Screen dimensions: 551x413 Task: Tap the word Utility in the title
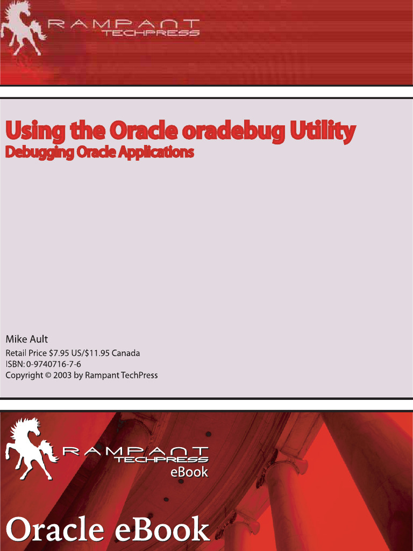323,131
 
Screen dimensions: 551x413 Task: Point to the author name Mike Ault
26,339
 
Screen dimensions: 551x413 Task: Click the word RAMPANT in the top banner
124,24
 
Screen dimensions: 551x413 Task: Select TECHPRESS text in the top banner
151,33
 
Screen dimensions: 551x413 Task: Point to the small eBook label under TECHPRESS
189,472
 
